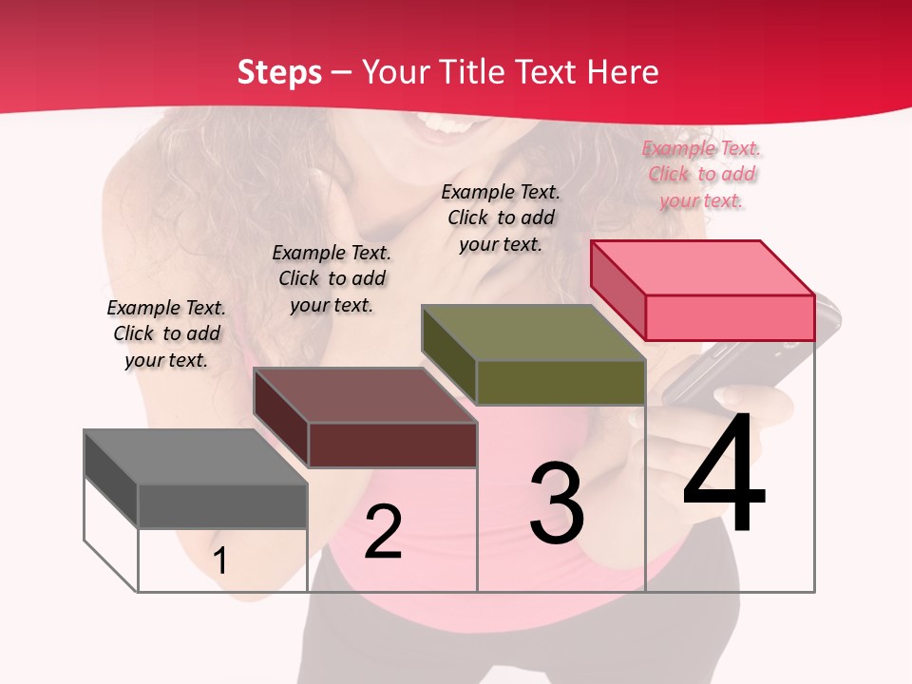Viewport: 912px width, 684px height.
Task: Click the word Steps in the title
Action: (x=279, y=72)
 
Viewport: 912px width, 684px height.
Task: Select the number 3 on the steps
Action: (x=557, y=503)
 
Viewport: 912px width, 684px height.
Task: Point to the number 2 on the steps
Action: (x=384, y=532)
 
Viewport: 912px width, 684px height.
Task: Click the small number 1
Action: (x=220, y=560)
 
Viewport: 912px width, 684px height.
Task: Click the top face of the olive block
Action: (x=533, y=332)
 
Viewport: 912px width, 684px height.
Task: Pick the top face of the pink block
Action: (x=702, y=268)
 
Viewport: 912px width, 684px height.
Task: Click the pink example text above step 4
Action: (x=701, y=174)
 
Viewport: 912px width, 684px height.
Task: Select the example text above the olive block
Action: (x=501, y=218)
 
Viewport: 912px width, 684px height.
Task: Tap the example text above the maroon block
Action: (x=332, y=278)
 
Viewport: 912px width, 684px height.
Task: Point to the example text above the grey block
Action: (x=166, y=333)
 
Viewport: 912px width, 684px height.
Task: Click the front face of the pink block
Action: (x=730, y=317)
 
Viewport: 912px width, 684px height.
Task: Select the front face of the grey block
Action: (x=222, y=506)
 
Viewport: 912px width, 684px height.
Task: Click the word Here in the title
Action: (x=623, y=72)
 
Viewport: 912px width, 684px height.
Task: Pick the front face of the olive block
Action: (x=560, y=382)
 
